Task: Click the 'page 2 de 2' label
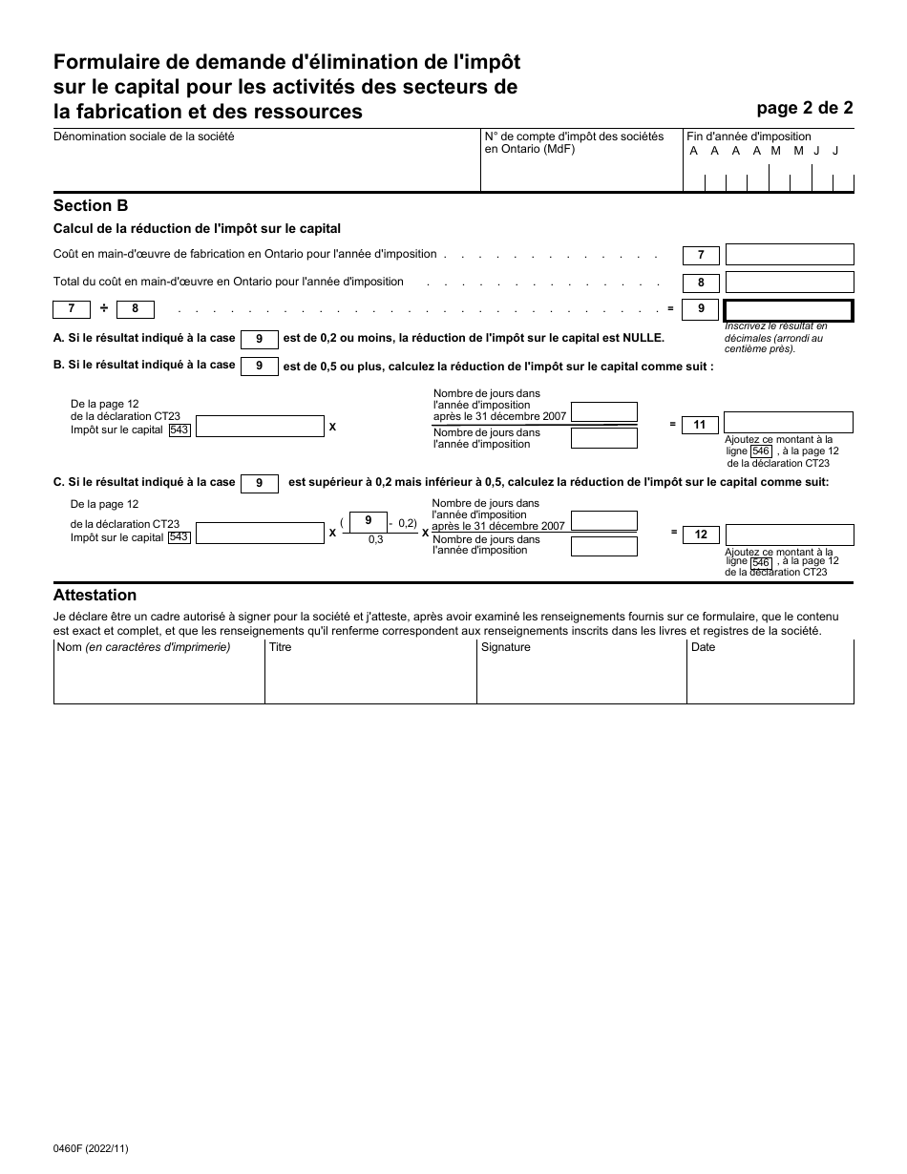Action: pos(805,108)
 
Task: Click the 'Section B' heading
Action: pos(91,205)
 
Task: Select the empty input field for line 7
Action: pos(789,255)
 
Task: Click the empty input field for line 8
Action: pos(789,283)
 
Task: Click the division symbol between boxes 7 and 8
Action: pos(104,308)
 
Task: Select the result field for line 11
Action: pos(788,423)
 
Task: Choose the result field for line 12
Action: pos(789,535)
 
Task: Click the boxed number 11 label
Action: pos(700,425)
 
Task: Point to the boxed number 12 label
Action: pos(701,535)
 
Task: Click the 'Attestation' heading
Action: pos(95,596)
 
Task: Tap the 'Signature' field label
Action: pos(505,647)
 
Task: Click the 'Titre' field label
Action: pos(280,647)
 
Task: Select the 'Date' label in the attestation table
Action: pos(703,647)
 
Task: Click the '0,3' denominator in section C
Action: pos(362,539)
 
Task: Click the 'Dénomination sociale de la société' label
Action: pos(144,136)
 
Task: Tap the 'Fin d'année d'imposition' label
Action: pos(749,136)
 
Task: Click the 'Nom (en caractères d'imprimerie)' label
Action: pos(143,647)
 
